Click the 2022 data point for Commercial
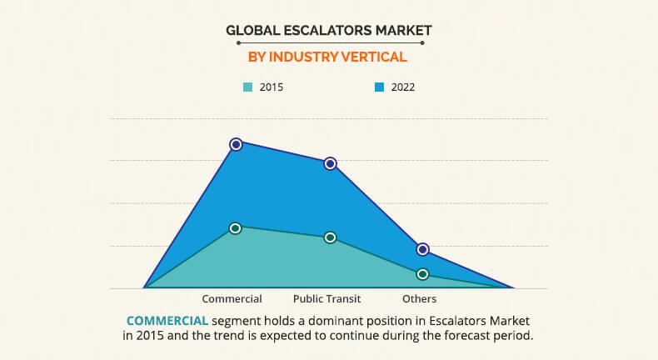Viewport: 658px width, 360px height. pos(236,144)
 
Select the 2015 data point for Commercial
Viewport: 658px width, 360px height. pos(236,227)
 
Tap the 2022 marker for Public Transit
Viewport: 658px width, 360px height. pos(330,163)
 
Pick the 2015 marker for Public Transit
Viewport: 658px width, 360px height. pos(330,237)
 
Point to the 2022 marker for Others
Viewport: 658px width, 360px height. pos(423,249)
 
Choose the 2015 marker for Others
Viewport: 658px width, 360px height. pos(423,274)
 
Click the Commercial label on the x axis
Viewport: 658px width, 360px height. pos(232,298)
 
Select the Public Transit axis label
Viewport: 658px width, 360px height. pos(327,298)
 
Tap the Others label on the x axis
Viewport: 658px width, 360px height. pos(419,298)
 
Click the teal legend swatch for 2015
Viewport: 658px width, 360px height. pos(247,87)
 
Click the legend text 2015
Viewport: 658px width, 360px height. pos(272,87)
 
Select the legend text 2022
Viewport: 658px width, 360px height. pos(402,87)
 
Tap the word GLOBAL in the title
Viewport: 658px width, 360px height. pos(253,31)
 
